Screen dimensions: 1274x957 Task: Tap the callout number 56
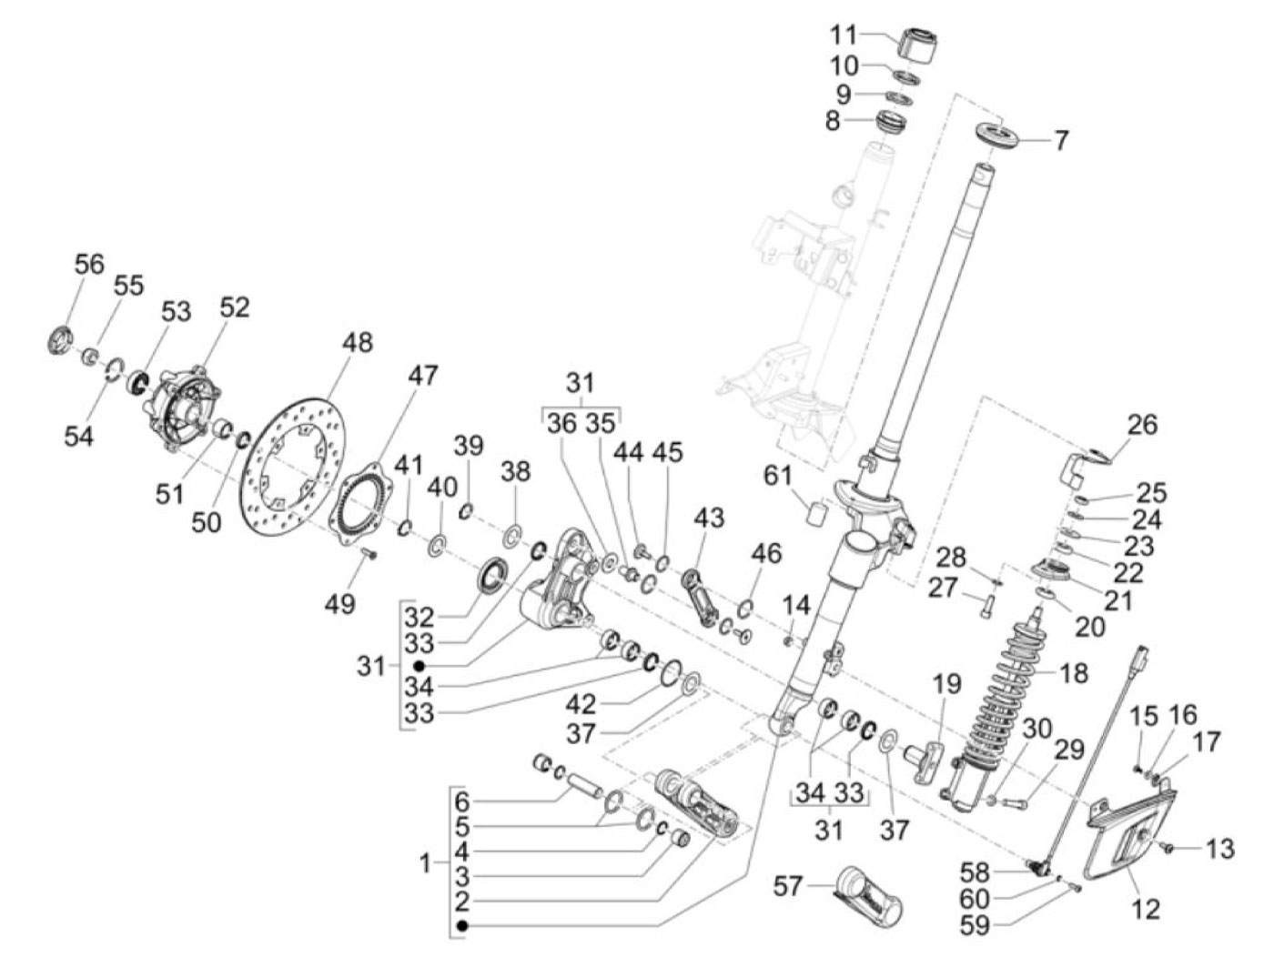89,264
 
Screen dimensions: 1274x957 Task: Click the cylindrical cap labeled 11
917,44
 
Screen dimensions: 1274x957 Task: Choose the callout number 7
1060,141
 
